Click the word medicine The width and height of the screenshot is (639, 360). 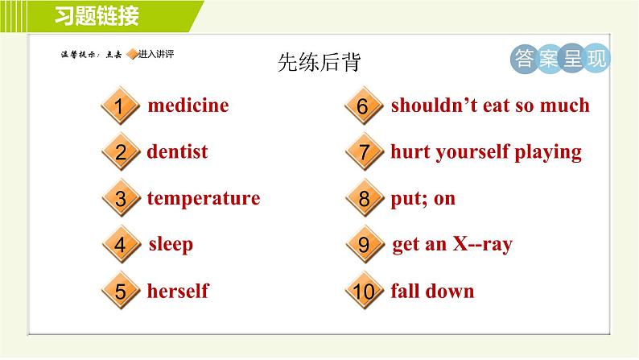pyautogui.click(x=188, y=106)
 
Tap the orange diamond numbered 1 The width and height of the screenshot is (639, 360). pyautogui.click(x=120, y=106)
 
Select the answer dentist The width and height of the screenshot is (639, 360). pyautogui.click(x=177, y=151)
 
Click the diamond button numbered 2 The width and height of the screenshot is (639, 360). pyautogui.click(x=121, y=151)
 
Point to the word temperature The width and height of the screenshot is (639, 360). pyautogui.click(x=204, y=199)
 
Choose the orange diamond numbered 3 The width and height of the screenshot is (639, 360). pyautogui.click(x=121, y=198)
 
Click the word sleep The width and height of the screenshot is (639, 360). pyautogui.click(x=171, y=245)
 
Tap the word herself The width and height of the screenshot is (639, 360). pyautogui.click(x=178, y=291)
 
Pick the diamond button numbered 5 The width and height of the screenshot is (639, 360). pyautogui.click(x=121, y=291)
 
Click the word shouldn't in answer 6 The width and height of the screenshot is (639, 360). pyautogui.click(x=434, y=106)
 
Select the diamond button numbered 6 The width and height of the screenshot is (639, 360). pyautogui.click(x=364, y=106)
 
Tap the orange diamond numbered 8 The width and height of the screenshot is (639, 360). pyautogui.click(x=365, y=198)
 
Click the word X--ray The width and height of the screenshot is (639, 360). pyautogui.click(x=483, y=245)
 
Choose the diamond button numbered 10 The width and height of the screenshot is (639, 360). pyautogui.click(x=364, y=291)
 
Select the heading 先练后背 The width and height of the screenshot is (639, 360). pyautogui.click(x=319, y=62)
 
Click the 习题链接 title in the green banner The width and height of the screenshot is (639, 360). pyautogui.click(x=97, y=16)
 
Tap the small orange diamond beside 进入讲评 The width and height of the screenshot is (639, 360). pyautogui.click(x=133, y=54)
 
